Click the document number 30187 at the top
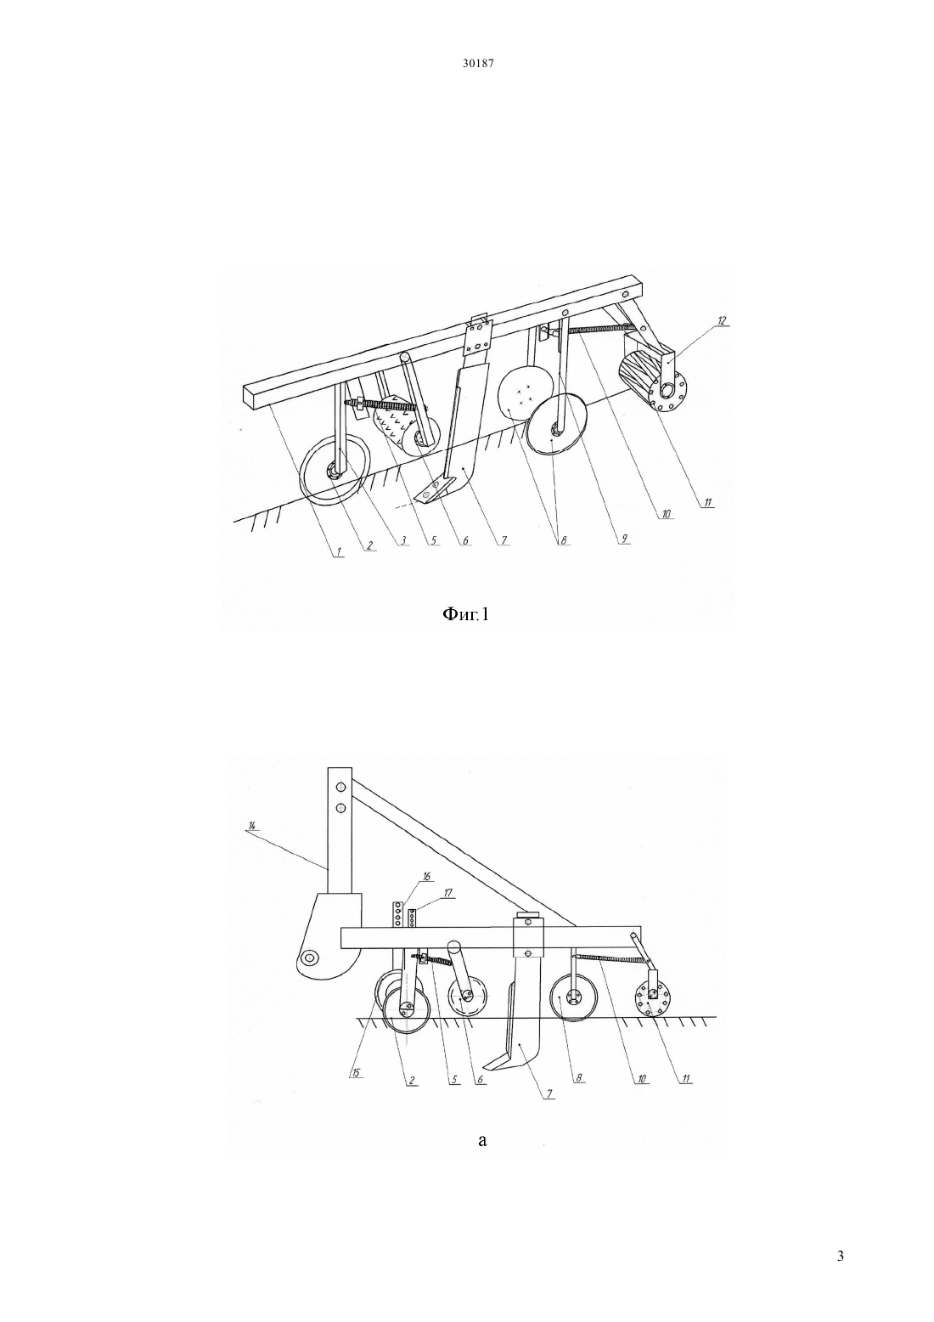point(477,64)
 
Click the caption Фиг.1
point(466,615)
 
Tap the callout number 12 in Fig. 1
point(722,320)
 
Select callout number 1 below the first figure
point(339,551)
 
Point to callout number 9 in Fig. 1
point(624,538)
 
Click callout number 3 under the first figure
point(403,542)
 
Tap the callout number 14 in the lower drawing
point(252,826)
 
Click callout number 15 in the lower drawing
point(356,1072)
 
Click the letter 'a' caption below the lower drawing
point(482,1139)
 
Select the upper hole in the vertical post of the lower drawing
point(340,787)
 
